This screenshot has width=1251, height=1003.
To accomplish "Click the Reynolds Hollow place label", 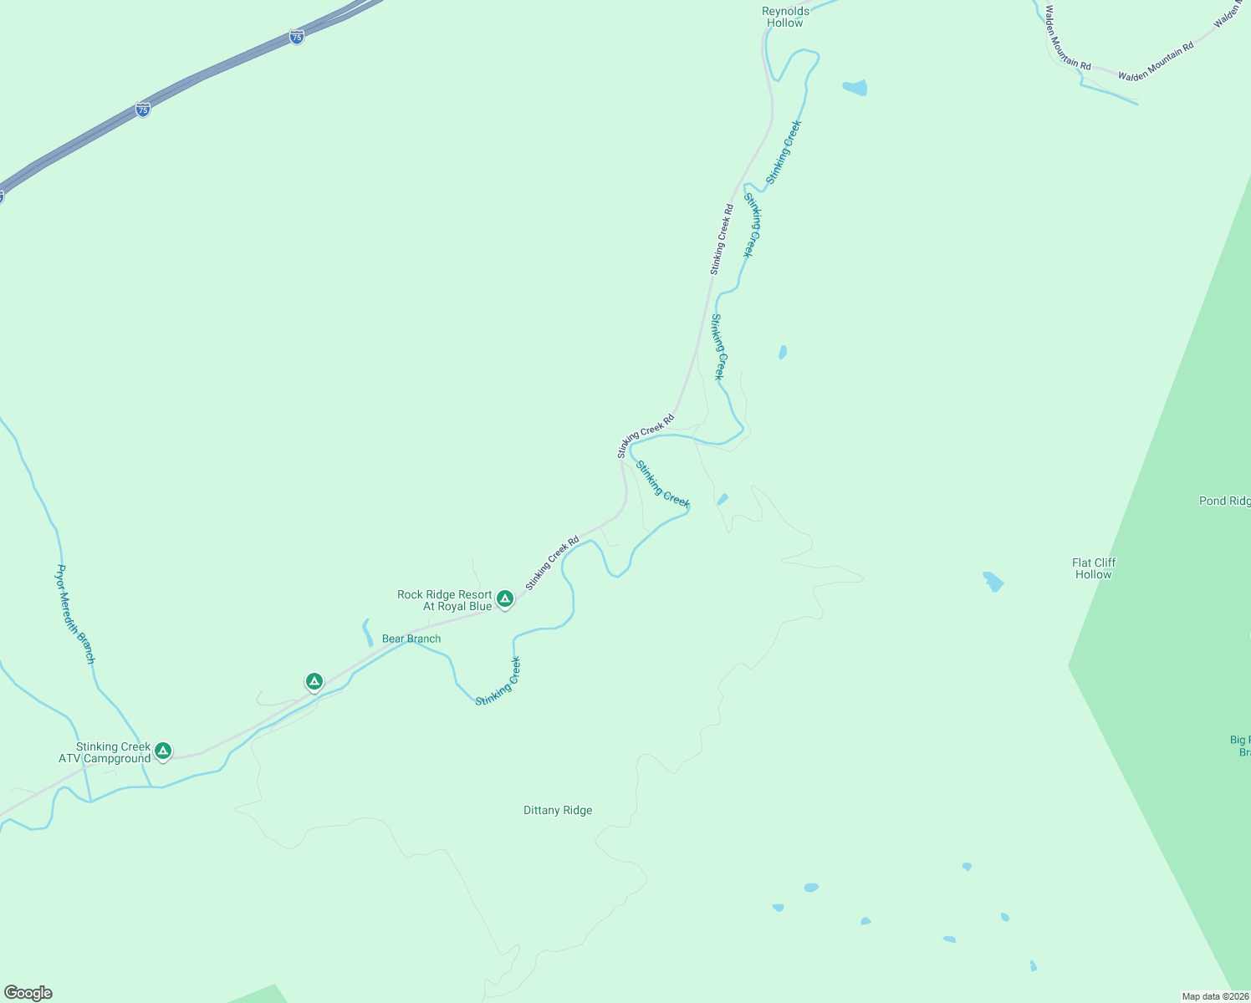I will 785,17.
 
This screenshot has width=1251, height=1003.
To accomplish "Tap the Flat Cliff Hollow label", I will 1094,568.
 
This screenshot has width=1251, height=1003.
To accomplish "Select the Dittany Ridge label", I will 558,810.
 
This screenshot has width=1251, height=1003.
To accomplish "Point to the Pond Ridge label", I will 1224,501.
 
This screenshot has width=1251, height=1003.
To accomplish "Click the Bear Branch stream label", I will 411,639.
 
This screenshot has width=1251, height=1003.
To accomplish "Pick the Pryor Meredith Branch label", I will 75,614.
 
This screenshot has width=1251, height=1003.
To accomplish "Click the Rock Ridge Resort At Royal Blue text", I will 445,600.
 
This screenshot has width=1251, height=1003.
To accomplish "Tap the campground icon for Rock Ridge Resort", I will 504,598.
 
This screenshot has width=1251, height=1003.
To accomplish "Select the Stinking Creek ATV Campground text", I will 105,752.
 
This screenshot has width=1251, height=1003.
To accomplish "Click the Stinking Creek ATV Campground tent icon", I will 163,751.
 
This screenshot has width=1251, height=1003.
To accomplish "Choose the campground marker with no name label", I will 314,681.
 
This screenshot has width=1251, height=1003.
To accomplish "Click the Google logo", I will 28,993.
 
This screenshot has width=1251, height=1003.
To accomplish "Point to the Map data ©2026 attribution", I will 1215,996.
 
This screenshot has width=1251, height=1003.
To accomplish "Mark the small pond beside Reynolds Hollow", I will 855,87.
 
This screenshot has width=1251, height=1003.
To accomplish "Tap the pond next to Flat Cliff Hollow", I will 993,581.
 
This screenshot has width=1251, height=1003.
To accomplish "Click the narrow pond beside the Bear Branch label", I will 367,632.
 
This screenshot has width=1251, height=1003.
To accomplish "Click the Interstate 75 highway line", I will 217,71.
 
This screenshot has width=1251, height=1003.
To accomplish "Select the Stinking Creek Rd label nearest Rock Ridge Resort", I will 552,563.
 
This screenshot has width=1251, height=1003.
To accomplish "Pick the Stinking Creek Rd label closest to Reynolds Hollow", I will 722,239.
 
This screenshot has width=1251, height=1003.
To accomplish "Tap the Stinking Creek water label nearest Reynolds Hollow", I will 784,152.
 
